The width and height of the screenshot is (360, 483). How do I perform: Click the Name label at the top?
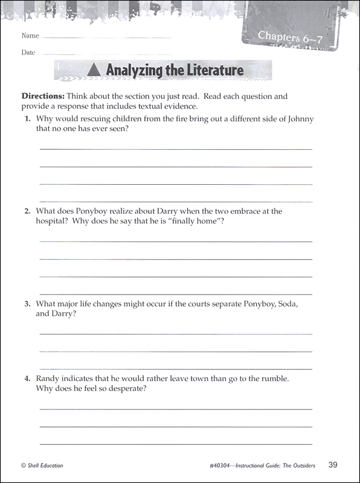pos(30,36)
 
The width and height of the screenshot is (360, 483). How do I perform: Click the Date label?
pos(28,53)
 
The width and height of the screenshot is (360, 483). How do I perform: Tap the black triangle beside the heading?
pos(93,71)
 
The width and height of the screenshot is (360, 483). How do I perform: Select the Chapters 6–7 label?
pos(287,36)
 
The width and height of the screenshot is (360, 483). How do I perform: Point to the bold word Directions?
pos(43,96)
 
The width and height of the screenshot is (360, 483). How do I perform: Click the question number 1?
pos(28,118)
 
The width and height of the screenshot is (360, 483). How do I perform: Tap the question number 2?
pos(28,211)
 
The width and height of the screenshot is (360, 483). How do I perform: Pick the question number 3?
pos(28,304)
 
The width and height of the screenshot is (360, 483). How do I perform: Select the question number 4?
pos(28,379)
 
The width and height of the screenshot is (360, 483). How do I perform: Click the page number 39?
pos(333,464)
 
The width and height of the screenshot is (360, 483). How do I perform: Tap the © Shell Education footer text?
pos(42,465)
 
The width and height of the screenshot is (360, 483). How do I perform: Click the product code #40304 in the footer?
pos(216,465)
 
